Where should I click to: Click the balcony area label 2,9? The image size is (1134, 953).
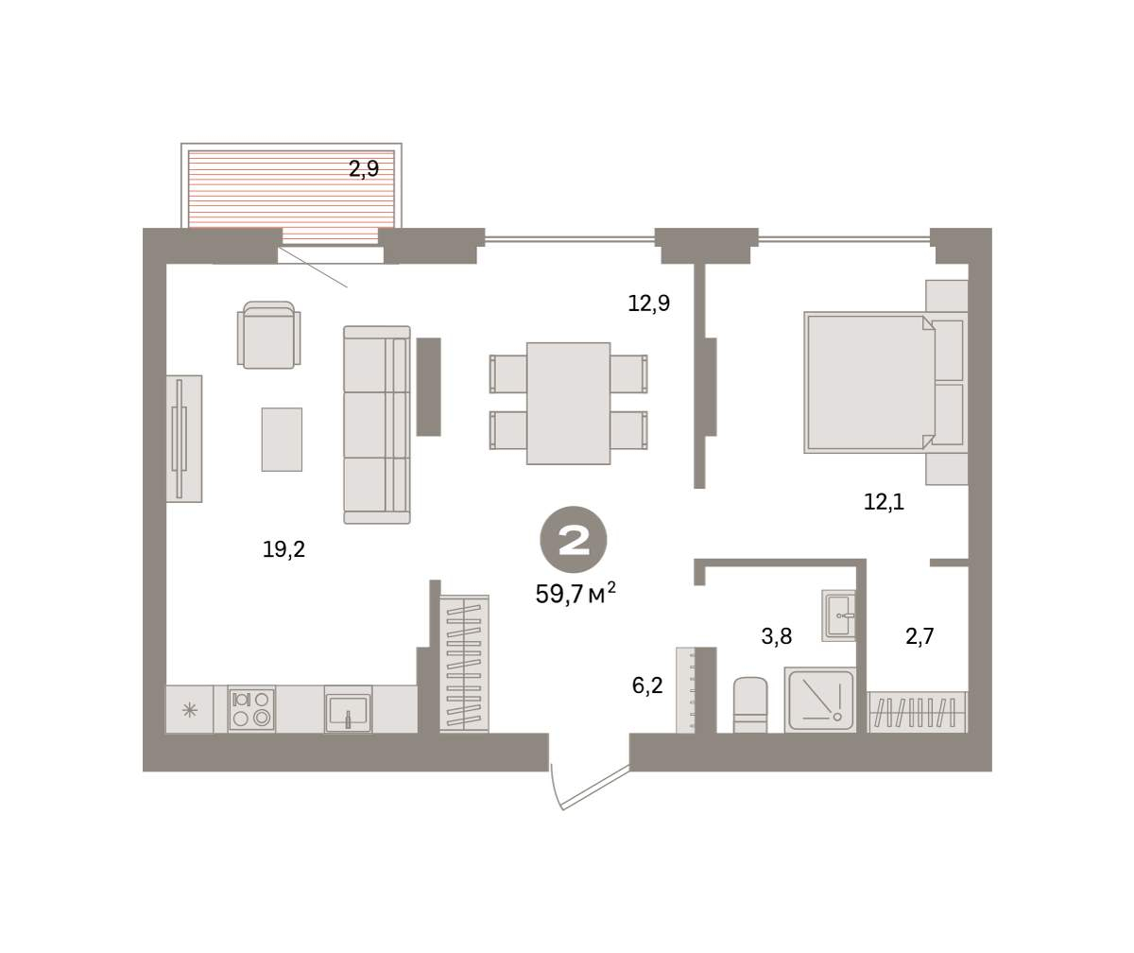363,169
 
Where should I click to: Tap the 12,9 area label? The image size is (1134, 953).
648,303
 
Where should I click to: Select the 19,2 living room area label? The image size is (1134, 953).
283,549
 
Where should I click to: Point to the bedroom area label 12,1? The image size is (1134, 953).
884,501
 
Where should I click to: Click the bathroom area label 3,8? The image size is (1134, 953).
777,635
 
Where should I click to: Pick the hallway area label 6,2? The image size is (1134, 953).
647,685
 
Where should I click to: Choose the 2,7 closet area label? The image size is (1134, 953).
919,635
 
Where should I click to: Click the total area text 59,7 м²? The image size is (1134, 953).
576,594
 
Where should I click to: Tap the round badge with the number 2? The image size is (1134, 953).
573,540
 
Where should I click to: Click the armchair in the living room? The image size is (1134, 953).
268,335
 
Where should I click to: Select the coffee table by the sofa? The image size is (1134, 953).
282,440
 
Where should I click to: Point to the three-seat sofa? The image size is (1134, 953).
377,425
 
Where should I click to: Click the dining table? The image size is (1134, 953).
568,403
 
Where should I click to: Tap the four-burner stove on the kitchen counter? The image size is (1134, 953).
251,710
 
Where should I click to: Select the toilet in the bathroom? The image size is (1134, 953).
750,704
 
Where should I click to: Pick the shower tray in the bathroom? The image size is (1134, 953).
820,700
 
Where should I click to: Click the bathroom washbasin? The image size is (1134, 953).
839,615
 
